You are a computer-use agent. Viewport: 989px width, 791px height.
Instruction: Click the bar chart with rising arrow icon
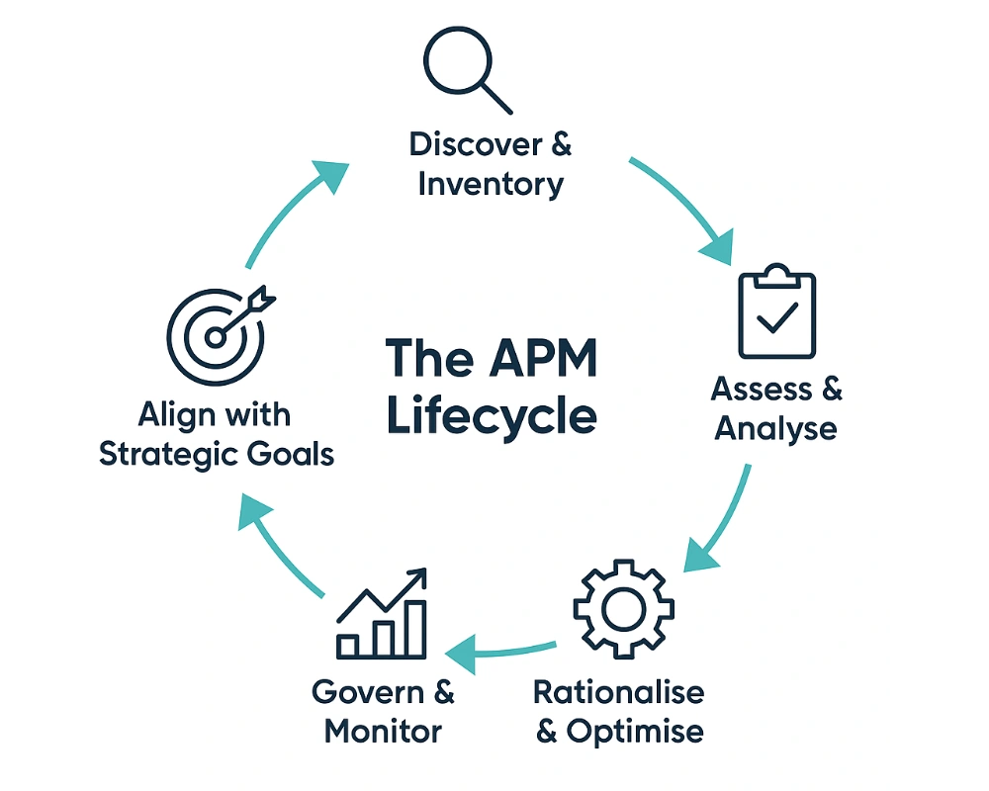click(x=382, y=616)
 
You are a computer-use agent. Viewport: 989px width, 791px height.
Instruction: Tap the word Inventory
click(x=491, y=184)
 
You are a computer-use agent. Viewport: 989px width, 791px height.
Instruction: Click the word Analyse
click(x=776, y=429)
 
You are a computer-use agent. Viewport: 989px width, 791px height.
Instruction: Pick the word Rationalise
click(x=619, y=691)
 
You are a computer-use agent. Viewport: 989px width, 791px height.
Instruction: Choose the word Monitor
click(x=383, y=732)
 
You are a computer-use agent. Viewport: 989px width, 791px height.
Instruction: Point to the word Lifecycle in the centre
click(x=492, y=415)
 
